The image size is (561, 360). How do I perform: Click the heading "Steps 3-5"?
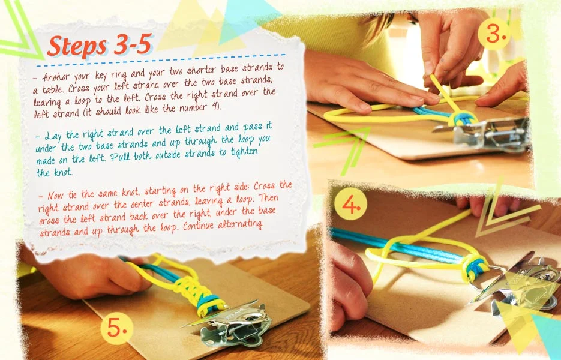pos(100,46)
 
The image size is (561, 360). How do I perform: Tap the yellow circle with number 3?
pos(494,34)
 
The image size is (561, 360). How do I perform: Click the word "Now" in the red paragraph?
pos(55,196)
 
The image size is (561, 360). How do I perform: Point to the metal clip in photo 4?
pos(515,283)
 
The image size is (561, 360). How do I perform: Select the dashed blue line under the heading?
pos(161,61)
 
